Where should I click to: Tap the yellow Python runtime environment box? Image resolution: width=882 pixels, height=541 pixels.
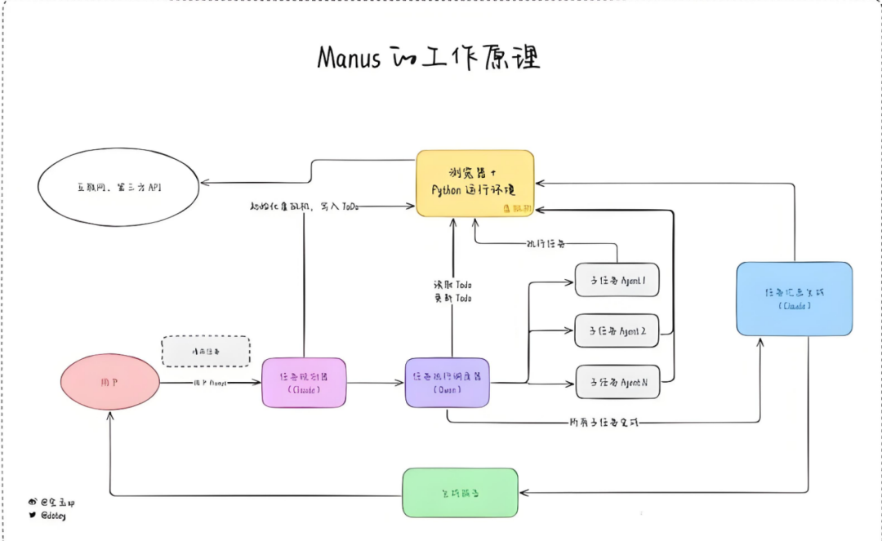tap(474, 183)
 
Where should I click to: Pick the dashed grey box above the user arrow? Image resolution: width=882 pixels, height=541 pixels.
tap(206, 351)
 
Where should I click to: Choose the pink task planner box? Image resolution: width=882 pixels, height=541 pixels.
tap(305, 383)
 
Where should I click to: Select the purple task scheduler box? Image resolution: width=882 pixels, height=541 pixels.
tap(448, 383)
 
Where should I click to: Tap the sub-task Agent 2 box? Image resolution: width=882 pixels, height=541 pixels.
tap(617, 331)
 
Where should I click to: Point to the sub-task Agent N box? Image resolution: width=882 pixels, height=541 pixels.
tap(617, 382)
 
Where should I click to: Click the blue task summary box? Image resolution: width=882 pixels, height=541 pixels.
tap(794, 299)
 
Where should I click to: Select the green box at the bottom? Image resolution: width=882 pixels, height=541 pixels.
tap(461, 492)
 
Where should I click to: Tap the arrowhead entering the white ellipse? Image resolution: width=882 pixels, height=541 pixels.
tap(204, 182)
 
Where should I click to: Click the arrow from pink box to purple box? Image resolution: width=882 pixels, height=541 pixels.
tap(376, 383)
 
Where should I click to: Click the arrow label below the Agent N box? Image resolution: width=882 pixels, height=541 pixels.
tap(604, 423)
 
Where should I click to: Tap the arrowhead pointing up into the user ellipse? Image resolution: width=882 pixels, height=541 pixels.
tap(110, 416)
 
